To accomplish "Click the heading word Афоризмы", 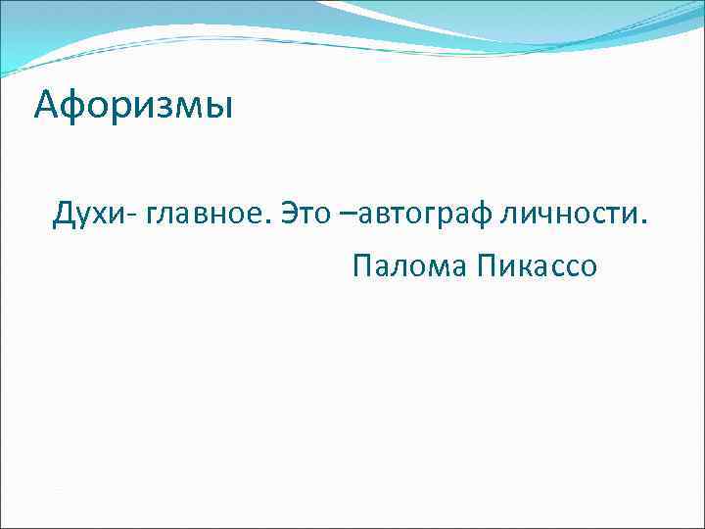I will click(133, 104).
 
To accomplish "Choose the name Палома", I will click(409, 265).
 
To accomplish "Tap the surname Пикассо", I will click(538, 265).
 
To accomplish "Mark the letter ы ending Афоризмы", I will click(219, 106).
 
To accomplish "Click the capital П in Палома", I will click(361, 265).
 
